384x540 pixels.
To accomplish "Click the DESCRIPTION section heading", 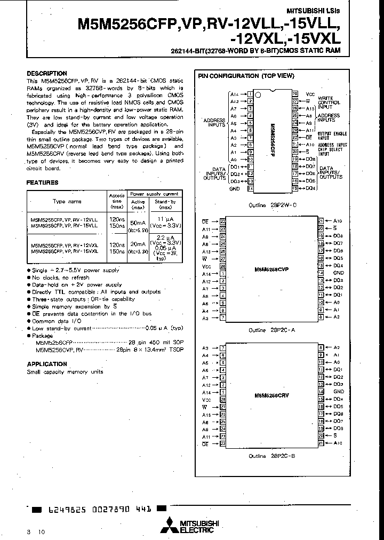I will click(x=47, y=74).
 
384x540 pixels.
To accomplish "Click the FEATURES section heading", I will click(x=43, y=182).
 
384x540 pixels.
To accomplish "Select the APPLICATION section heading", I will click(x=47, y=364).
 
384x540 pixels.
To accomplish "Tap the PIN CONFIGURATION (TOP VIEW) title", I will click(x=246, y=76).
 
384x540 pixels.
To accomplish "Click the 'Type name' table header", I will click(x=67, y=202).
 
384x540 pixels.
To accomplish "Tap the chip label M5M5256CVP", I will click(x=271, y=269).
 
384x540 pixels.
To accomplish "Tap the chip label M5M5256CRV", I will click(x=271, y=395).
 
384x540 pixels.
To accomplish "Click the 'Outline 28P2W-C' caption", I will click(x=272, y=205).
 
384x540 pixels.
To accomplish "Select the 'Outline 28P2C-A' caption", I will click(x=272, y=330).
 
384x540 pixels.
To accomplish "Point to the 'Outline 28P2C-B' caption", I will click(x=272, y=456).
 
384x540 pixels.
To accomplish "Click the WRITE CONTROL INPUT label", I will click(x=326, y=101).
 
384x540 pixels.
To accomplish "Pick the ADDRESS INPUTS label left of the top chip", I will click(x=214, y=123).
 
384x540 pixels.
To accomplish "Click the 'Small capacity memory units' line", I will click(x=65, y=372).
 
